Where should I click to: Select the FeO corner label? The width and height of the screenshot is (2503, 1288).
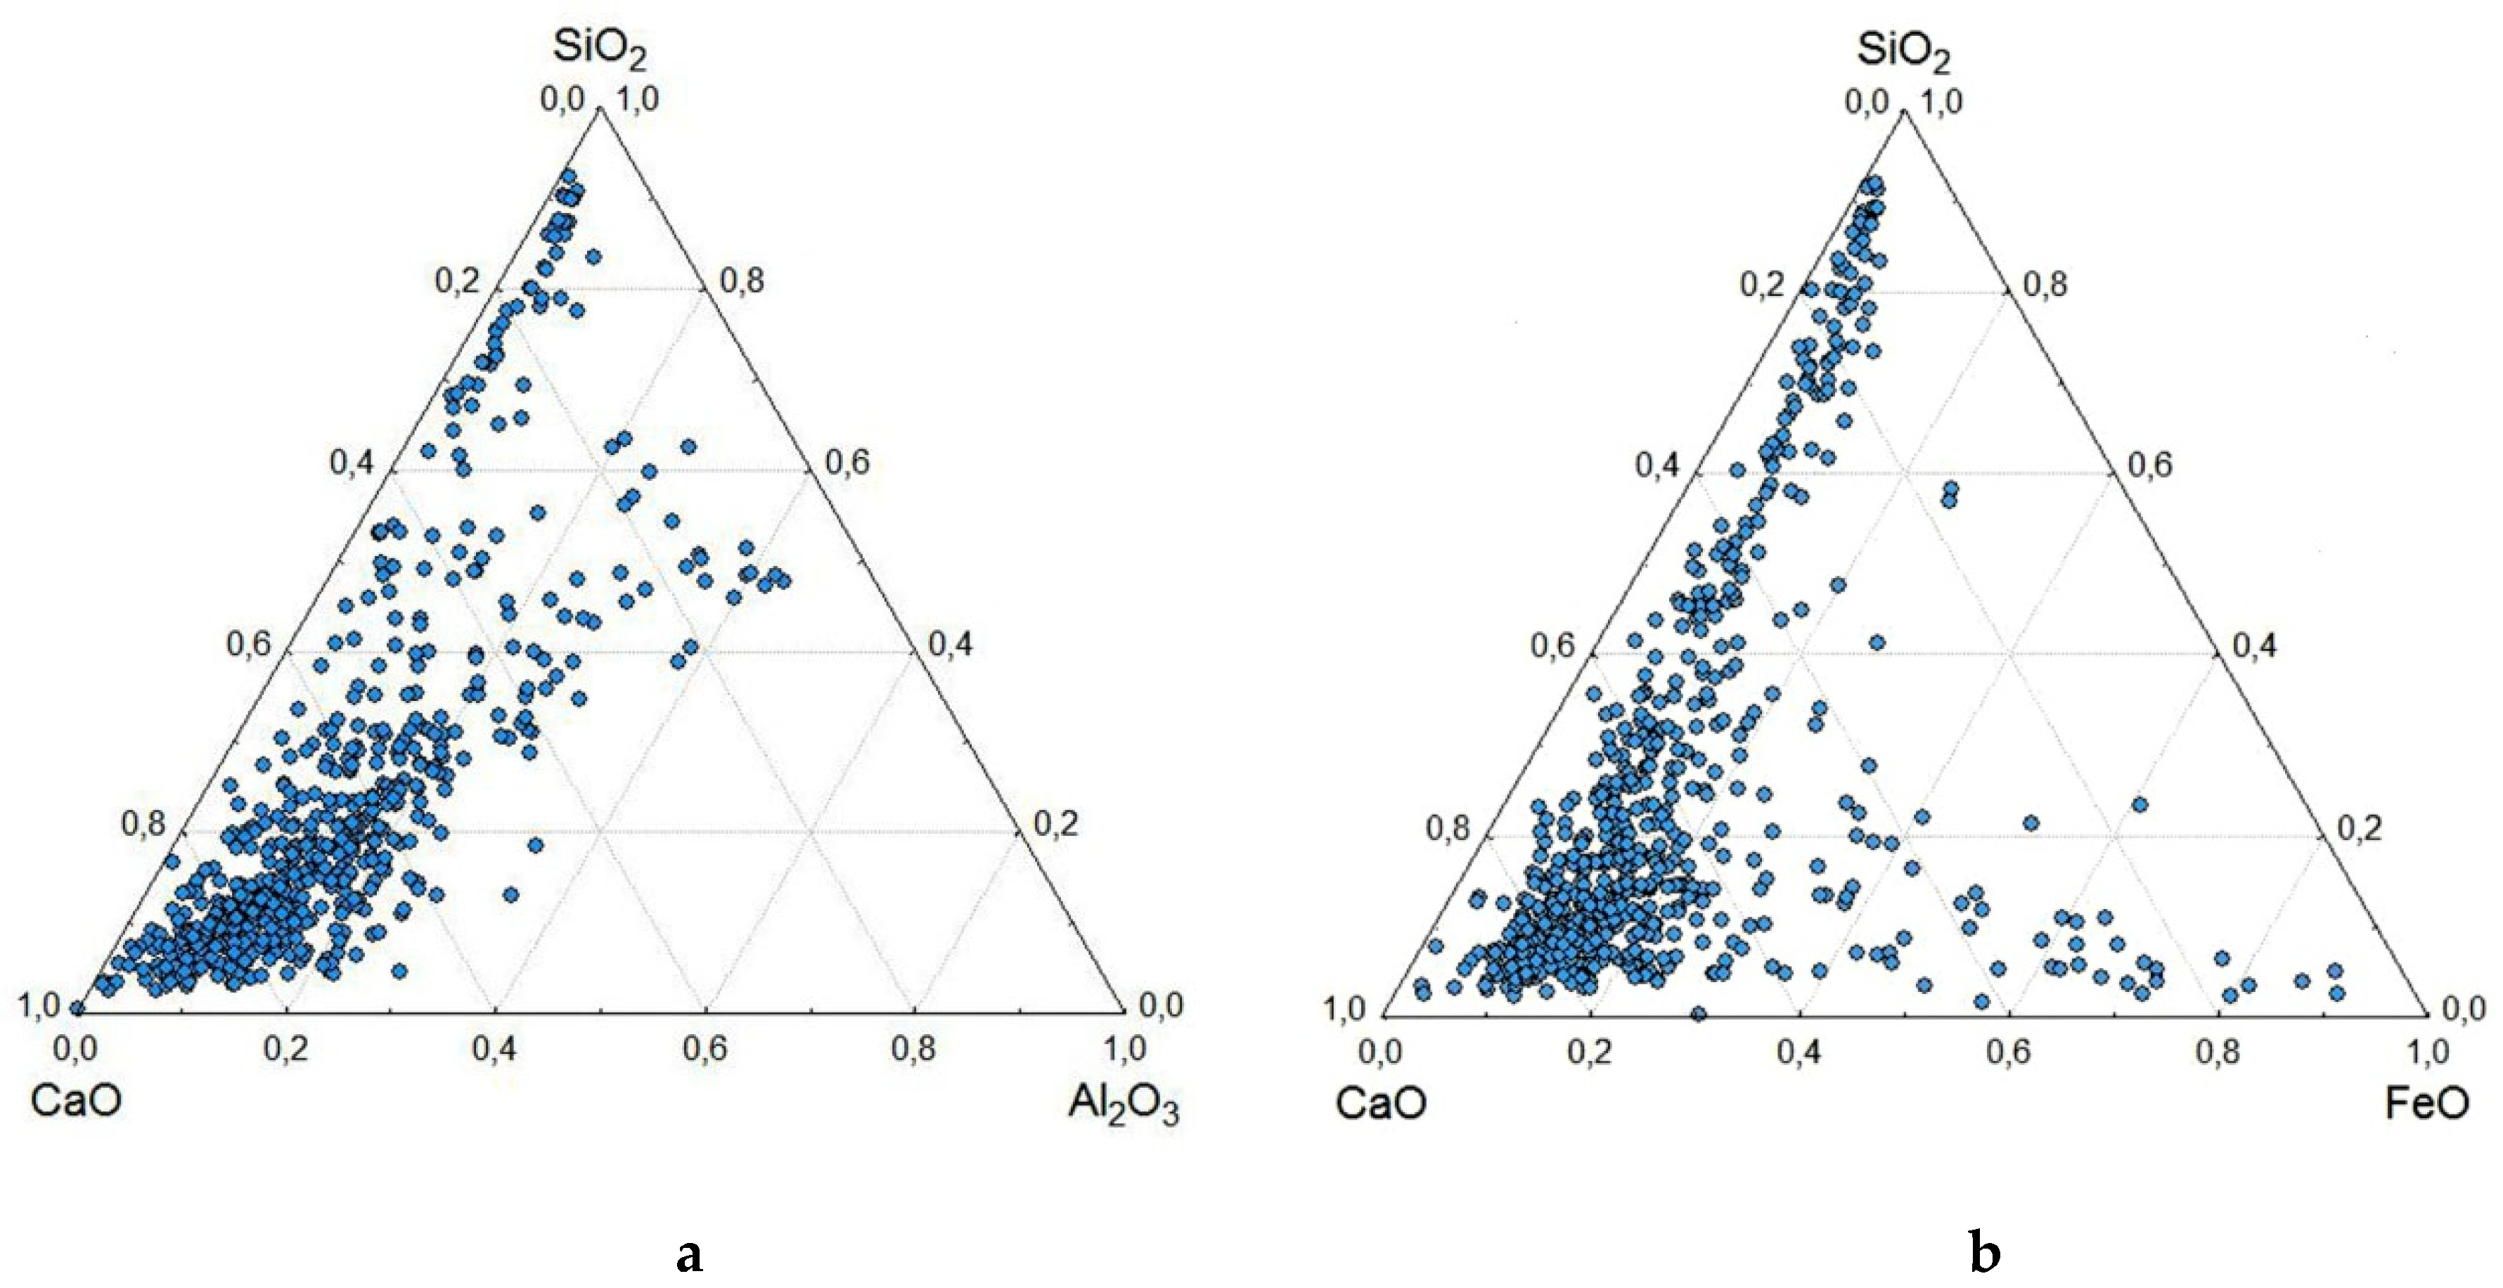point(2427,1105)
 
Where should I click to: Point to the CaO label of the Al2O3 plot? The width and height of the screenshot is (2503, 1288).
point(76,1103)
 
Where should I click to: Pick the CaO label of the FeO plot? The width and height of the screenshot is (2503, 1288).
point(1381,1105)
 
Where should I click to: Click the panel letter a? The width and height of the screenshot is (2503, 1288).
point(689,1255)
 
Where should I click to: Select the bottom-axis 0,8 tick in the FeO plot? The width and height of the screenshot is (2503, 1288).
point(2218,1052)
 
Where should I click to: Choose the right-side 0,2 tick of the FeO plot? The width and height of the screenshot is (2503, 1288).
point(2359,829)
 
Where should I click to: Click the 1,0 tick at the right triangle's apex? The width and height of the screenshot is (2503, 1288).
point(1941,102)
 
